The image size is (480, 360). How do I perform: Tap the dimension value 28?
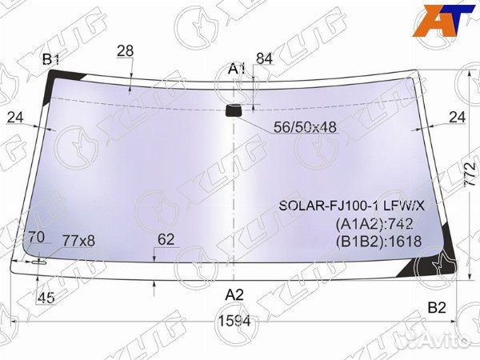125,51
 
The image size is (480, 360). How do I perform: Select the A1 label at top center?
236,68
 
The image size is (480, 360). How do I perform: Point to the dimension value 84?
264,58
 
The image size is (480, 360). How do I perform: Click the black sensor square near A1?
234,110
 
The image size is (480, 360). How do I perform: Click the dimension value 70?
36,237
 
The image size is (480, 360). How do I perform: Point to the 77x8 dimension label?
78,240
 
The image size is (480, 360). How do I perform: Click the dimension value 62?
166,238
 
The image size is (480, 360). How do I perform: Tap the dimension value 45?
46,299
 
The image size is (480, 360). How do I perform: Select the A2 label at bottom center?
234,294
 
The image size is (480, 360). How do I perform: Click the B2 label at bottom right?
436,307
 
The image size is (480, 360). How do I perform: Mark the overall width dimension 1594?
234,321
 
